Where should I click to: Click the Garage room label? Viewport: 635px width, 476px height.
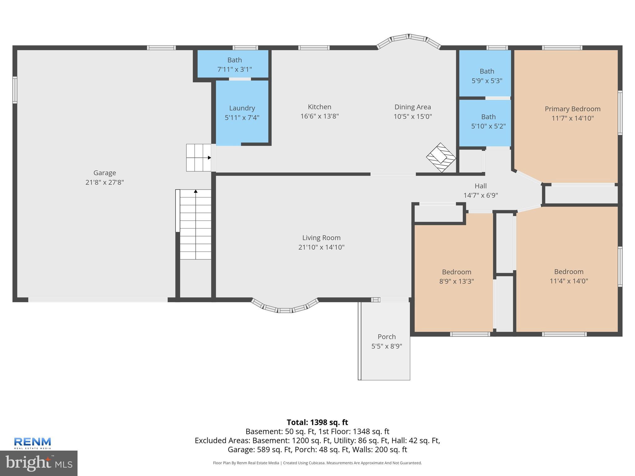[104, 173]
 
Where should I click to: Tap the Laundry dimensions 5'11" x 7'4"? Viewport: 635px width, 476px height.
[242, 118]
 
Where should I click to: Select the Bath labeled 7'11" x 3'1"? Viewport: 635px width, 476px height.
[234, 64]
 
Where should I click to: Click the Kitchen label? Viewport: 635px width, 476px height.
[319, 107]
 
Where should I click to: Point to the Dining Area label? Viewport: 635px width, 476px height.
[412, 107]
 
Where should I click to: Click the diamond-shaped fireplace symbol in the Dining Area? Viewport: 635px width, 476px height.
[441, 157]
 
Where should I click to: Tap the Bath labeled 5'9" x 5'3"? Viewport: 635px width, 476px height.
[487, 76]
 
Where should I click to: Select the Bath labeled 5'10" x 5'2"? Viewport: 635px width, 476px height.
[488, 121]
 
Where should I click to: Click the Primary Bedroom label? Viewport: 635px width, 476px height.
[572, 109]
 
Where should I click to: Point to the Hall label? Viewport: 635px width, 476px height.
[481, 186]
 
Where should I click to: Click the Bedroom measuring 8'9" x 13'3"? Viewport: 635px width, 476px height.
[456, 276]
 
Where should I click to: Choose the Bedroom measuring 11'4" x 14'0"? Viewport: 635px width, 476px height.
[569, 276]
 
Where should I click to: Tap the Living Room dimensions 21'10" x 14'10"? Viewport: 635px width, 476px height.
[321, 247]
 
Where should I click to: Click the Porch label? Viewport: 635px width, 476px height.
[387, 337]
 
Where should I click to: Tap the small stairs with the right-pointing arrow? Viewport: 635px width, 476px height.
[198, 157]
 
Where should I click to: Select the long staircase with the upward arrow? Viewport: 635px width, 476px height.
[196, 225]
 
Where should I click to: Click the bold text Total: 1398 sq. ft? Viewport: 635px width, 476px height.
[317, 422]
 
